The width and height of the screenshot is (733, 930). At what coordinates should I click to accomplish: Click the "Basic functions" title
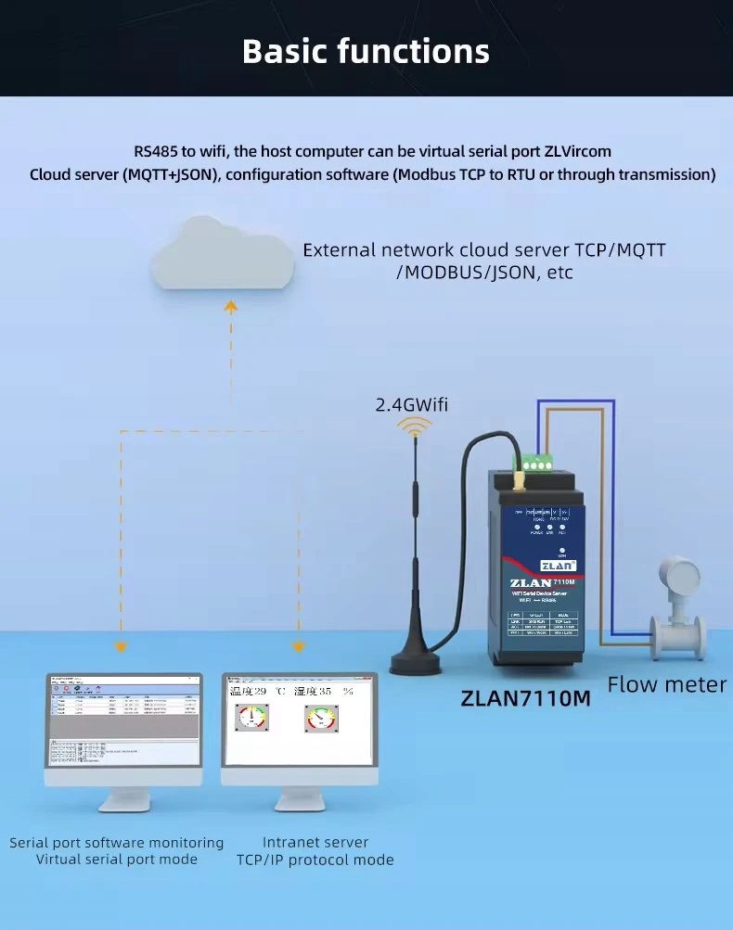(x=366, y=51)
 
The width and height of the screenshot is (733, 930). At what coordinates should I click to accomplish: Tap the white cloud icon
(x=223, y=254)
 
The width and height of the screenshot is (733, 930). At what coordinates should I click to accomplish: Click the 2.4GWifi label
(x=411, y=404)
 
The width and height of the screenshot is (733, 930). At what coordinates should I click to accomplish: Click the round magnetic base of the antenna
(x=420, y=661)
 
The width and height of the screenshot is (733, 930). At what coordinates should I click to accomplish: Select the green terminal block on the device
(x=538, y=460)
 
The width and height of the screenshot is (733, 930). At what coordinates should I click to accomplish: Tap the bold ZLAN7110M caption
(x=525, y=698)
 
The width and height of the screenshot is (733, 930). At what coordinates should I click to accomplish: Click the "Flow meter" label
(x=667, y=685)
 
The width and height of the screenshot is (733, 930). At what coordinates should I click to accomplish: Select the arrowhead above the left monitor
(x=120, y=646)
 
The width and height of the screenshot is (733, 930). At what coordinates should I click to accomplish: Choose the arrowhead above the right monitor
(x=299, y=646)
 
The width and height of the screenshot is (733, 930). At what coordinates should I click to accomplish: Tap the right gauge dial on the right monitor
(x=321, y=718)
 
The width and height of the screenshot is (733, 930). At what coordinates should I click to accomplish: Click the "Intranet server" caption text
(x=315, y=842)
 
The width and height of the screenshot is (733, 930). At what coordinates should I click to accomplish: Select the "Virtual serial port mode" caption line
(x=117, y=860)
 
